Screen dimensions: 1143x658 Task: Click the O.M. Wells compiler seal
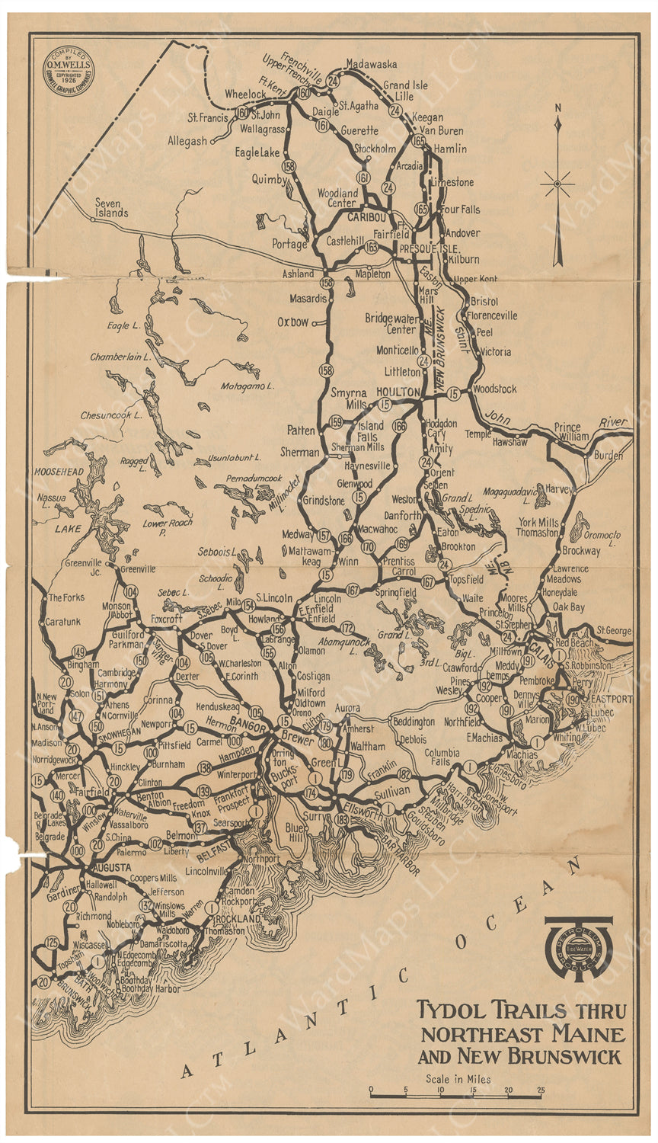(x=69, y=70)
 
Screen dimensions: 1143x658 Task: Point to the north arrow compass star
(x=558, y=184)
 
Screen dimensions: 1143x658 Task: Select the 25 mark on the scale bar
(x=540, y=1090)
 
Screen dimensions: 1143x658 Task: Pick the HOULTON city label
(x=398, y=392)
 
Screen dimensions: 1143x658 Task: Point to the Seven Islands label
(x=111, y=208)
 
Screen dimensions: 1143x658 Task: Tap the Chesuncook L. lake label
(x=111, y=415)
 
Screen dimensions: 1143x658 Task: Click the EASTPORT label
(x=611, y=699)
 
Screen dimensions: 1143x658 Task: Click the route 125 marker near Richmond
(x=51, y=943)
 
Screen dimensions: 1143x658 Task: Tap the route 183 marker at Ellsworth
(x=341, y=819)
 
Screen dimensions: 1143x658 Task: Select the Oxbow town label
(x=293, y=322)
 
